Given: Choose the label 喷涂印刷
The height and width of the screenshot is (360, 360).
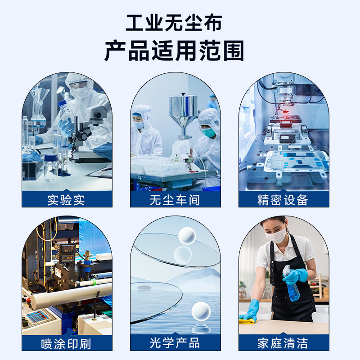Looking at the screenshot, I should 67,344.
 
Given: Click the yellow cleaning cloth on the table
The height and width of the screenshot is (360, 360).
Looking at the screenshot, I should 247,321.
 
